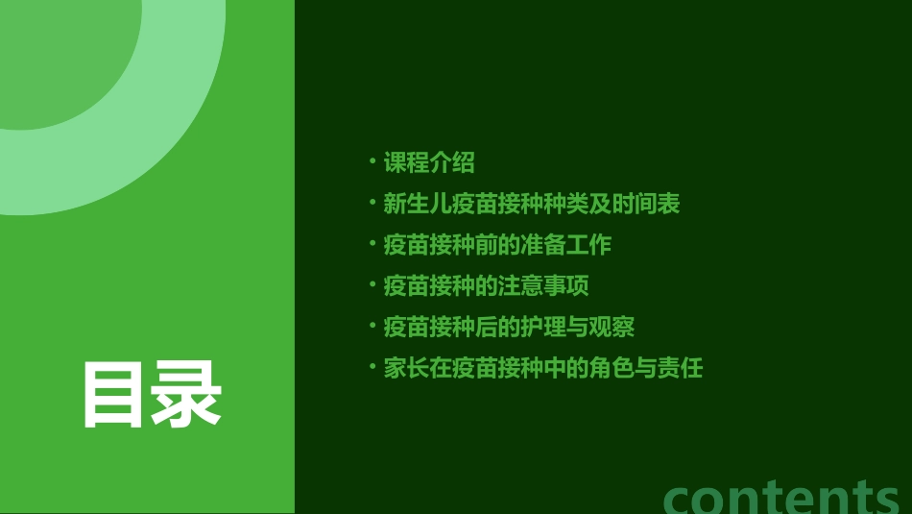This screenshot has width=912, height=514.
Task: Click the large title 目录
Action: [152, 394]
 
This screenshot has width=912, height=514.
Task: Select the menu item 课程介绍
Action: [429, 162]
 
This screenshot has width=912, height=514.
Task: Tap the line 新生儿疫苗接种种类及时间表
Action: [532, 204]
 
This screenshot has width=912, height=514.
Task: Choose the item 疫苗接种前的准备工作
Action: [497, 245]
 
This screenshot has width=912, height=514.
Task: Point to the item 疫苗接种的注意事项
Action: [486, 286]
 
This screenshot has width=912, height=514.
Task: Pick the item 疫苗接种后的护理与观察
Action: [509, 327]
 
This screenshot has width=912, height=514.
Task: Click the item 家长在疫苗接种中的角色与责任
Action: [543, 368]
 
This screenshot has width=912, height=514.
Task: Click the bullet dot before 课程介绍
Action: [372, 160]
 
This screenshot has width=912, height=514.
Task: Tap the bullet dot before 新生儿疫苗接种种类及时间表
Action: [372, 202]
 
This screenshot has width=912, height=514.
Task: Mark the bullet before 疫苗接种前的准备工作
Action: [372, 243]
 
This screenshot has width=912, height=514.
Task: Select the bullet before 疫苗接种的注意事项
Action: [372, 284]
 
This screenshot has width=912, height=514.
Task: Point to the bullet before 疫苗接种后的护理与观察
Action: [372, 325]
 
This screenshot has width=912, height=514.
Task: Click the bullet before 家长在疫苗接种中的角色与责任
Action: [372, 366]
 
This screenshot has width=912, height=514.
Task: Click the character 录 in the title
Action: [187, 394]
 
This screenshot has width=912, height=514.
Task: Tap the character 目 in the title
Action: [113, 394]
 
